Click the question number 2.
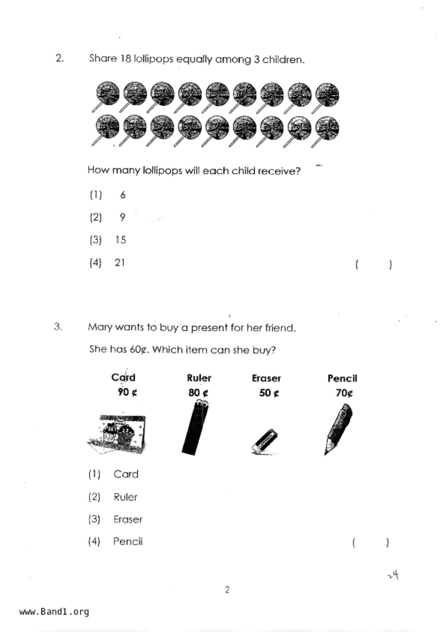point(60,58)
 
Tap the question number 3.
point(58,327)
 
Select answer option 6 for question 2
point(123,195)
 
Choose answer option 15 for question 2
point(121,240)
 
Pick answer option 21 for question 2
point(120,263)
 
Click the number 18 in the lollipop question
point(126,58)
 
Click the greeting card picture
point(117,434)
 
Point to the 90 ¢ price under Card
point(127,392)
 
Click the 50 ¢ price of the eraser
point(269,393)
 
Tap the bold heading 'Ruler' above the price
point(199,378)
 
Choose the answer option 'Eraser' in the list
point(128,520)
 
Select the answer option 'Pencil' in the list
point(128,542)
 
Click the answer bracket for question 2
point(373,264)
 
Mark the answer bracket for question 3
point(370,543)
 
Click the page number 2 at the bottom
point(227,590)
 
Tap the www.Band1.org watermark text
point(54,612)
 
